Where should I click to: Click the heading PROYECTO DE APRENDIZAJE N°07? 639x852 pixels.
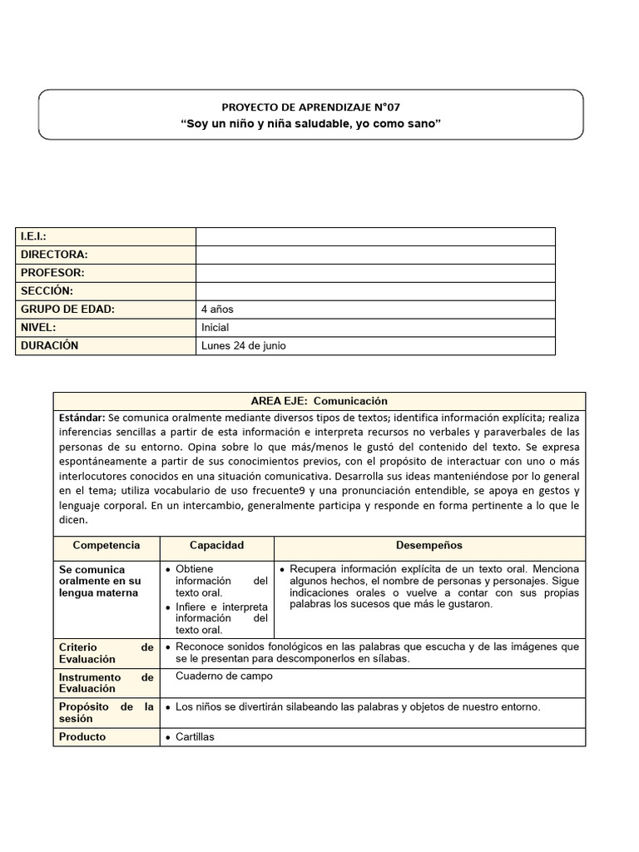point(310,106)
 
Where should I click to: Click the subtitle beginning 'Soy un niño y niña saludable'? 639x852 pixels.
point(310,124)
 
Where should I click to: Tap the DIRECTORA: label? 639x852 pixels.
point(54,255)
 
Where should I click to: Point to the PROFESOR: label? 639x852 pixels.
point(52,273)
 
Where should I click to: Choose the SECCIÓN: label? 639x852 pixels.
point(47,291)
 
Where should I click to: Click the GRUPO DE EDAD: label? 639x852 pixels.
point(67,310)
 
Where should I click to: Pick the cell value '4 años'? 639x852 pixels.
point(217,310)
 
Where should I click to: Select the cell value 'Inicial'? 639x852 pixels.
point(215,328)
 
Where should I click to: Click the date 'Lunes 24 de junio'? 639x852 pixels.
point(243,346)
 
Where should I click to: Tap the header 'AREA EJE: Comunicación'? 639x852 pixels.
point(319,401)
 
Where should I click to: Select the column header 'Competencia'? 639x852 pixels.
point(106,546)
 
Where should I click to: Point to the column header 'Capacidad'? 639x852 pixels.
point(216,546)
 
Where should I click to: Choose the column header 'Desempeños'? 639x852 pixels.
point(429,546)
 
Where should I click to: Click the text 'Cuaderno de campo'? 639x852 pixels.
point(224,676)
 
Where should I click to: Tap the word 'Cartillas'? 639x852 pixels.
point(195,737)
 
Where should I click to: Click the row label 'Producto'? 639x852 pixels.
point(82,737)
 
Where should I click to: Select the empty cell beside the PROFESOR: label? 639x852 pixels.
point(375,273)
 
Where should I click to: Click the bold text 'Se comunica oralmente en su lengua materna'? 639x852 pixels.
point(100,581)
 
